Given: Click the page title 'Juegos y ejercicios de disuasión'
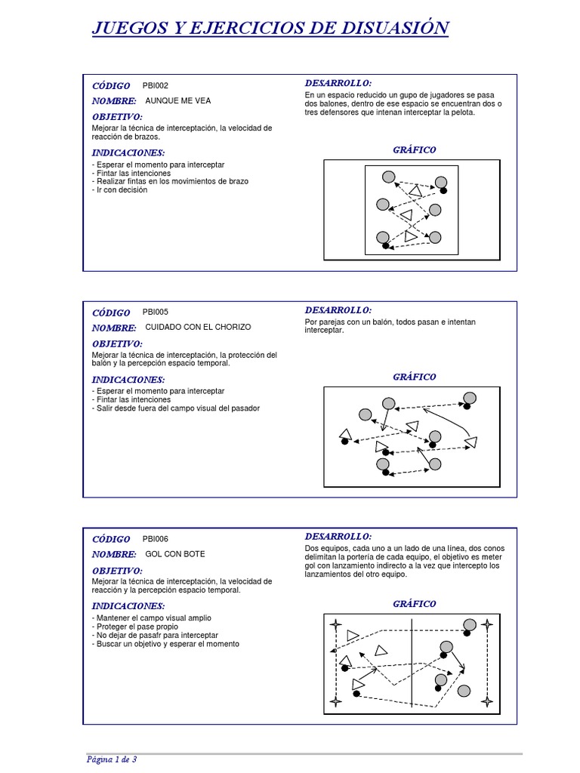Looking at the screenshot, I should point(270,29).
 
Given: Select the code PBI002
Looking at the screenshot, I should point(156,85).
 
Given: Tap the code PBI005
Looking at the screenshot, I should point(156,312).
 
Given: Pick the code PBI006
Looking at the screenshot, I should point(156,539).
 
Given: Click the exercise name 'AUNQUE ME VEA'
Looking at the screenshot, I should point(178,100).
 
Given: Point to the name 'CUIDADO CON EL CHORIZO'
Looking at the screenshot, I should point(198,328).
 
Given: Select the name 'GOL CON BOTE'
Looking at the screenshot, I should point(175,554).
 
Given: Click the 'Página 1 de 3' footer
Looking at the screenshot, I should point(112,759).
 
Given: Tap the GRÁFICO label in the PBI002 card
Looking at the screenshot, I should point(414,149).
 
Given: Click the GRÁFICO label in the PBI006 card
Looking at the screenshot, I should point(414,604).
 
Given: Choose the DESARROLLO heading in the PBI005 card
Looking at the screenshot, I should point(338,310).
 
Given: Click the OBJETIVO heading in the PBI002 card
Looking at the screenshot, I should point(117,117).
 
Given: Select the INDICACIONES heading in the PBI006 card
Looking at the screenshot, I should point(128,606).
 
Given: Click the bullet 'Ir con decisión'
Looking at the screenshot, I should point(121,190).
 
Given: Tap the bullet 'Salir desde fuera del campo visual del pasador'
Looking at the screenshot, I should point(176,408).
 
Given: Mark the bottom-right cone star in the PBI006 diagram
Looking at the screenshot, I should point(487,703).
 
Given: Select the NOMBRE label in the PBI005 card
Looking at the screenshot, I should point(114,328).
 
